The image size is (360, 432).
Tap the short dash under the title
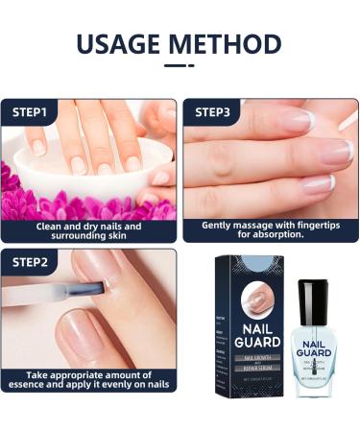click(x=180, y=66)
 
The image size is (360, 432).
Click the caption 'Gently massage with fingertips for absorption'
click(x=270, y=231)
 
